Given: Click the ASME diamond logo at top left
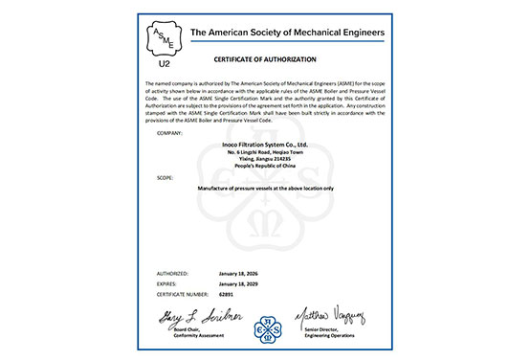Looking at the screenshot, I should coord(166,38).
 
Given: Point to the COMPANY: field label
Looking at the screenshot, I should coord(168,135).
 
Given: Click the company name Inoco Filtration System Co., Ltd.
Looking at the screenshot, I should coord(265,145).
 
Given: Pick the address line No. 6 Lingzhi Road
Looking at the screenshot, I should coord(265,152).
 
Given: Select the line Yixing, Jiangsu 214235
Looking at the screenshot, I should coord(265,160).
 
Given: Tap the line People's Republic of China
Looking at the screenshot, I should coord(265,168).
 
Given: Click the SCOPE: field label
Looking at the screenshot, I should coord(165,178).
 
